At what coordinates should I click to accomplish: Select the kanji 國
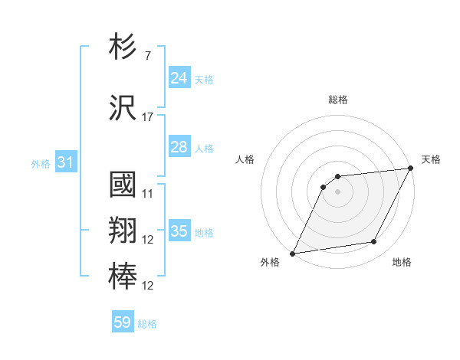[x=123, y=186]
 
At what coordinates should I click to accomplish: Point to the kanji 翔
[x=123, y=231]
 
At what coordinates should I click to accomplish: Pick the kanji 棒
[x=123, y=277]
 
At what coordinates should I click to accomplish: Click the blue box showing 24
[x=179, y=77]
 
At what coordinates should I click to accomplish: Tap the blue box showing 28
[x=179, y=147]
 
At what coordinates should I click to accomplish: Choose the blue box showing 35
[x=179, y=231]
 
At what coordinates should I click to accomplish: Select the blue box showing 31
[x=65, y=162]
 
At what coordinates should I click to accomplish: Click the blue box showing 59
[x=123, y=323]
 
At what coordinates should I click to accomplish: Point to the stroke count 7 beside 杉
[x=147, y=56]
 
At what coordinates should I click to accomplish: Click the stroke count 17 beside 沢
[x=147, y=117]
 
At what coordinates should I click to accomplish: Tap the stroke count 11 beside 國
[x=147, y=194]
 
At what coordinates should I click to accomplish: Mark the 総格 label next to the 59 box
[x=147, y=324]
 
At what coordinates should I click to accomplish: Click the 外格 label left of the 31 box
[x=41, y=163]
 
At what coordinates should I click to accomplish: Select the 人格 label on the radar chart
[x=245, y=159]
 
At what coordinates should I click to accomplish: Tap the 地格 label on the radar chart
[x=402, y=263]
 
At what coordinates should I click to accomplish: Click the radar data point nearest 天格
[x=411, y=169]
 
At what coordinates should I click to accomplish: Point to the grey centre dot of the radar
[x=337, y=191]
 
